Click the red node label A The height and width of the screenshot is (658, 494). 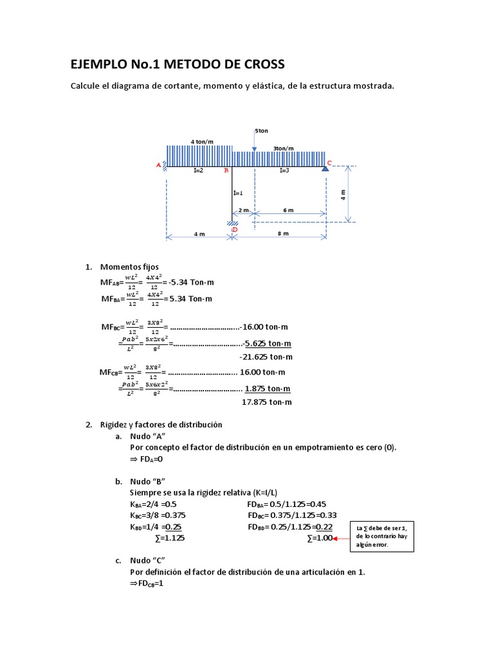[x=159, y=165]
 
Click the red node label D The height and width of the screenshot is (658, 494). [x=235, y=229]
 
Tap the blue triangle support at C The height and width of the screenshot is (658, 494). [x=325, y=168]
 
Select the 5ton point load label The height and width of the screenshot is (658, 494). [x=261, y=130]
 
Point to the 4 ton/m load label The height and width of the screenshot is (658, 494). [x=201, y=141]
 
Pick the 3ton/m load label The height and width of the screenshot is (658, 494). [x=283, y=148]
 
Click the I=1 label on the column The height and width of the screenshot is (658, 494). [x=238, y=193]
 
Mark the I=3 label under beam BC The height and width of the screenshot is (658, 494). [x=284, y=171]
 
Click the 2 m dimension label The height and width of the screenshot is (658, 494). [x=243, y=210]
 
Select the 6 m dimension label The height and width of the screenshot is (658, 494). [x=288, y=210]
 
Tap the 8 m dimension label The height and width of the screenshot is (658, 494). [x=283, y=234]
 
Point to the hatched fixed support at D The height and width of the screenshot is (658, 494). [x=232, y=224]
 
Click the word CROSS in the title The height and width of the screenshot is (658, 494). [x=257, y=64]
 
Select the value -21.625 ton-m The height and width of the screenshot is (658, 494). [x=266, y=357]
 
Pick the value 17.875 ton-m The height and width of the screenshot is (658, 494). [x=266, y=402]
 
